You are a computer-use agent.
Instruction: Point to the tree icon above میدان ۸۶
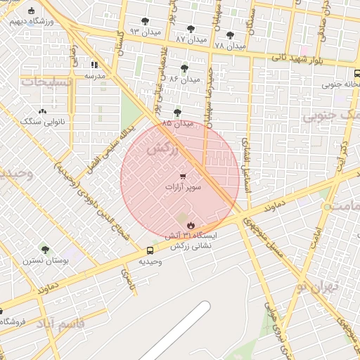(184, 68)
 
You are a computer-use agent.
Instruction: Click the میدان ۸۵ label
(176, 123)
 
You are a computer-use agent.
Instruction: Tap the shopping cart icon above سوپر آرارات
(183, 176)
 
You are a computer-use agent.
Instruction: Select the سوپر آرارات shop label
(183, 188)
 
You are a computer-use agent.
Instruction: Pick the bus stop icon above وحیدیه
(150, 250)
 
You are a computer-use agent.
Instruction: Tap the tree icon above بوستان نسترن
(45, 249)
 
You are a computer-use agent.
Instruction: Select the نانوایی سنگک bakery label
(42, 122)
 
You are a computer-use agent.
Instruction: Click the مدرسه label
(95, 75)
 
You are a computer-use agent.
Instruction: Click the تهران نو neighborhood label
(318, 286)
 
